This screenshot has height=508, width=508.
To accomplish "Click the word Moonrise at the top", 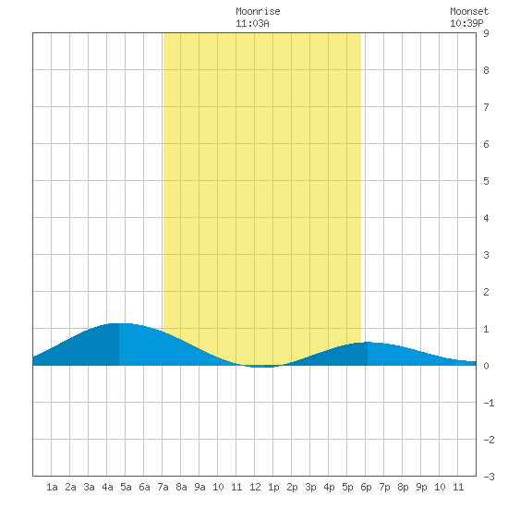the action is pos(258,11).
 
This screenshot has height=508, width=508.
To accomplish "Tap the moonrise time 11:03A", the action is pos(252,23).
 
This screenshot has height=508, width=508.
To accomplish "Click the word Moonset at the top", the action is pos(469,11).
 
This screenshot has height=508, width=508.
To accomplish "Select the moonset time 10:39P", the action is pos(466,23).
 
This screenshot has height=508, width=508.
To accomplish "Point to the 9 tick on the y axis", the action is pos(486,33).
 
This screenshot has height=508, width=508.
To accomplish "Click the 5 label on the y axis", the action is pos(486,181).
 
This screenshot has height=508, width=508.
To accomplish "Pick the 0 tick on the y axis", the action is pos(486,366).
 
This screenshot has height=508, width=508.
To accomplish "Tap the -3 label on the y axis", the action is pos(489,477).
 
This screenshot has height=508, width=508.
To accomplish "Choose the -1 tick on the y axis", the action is pos(489,403).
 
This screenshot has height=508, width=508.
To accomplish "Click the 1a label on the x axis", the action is pos(52,487).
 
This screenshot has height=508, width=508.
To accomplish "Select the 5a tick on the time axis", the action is pos(126,487).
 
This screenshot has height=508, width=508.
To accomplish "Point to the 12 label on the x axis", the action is pos(255,487).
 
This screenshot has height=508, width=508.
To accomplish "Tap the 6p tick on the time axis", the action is pos(366,487).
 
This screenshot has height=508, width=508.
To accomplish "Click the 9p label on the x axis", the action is pos(421,487).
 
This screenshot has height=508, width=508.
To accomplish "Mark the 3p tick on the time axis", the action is pos(310,487).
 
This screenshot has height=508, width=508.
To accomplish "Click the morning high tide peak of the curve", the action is pos(119,323).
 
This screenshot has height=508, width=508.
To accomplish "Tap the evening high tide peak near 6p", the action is pos(368,342).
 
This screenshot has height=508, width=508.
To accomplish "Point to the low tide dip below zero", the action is pos(264,367).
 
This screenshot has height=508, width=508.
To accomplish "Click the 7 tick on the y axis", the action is pos(486,107).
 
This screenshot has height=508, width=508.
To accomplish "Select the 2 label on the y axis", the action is pos(486,292).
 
